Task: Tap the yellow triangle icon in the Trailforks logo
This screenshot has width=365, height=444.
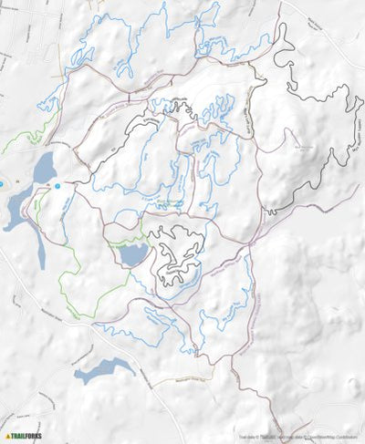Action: pyautogui.click(x=8, y=436)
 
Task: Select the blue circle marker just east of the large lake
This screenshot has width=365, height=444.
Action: pyautogui.click(x=57, y=186)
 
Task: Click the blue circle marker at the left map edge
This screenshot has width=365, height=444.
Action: pyautogui.click(x=2, y=184)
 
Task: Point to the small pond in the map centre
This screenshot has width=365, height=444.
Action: pyautogui.click(x=133, y=255)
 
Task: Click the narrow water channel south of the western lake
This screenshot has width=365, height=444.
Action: pyautogui.click(x=39, y=246)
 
